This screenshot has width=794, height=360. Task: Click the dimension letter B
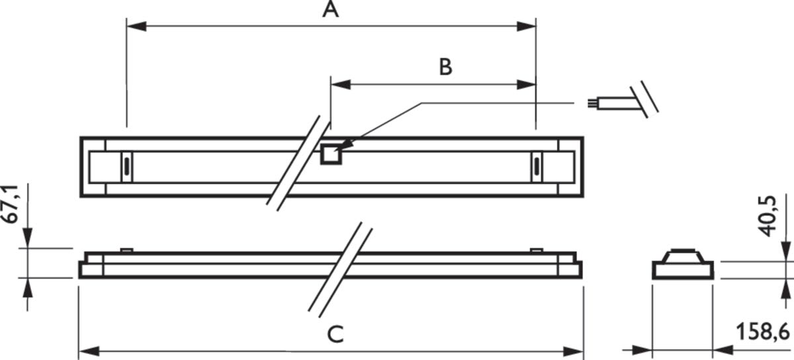(445, 67)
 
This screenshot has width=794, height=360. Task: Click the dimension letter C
(335, 334)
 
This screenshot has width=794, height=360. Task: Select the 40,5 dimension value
(768, 214)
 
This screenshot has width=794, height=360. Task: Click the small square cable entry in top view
(330, 155)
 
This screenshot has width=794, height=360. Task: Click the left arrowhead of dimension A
(135, 26)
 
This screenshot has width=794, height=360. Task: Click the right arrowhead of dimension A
(526, 26)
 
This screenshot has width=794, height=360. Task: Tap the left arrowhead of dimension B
(339, 85)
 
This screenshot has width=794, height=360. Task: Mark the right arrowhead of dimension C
(574, 349)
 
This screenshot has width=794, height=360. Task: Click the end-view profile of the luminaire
(683, 265)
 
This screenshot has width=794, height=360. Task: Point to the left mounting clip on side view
(126, 250)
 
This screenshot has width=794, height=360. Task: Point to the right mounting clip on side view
(537, 250)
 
